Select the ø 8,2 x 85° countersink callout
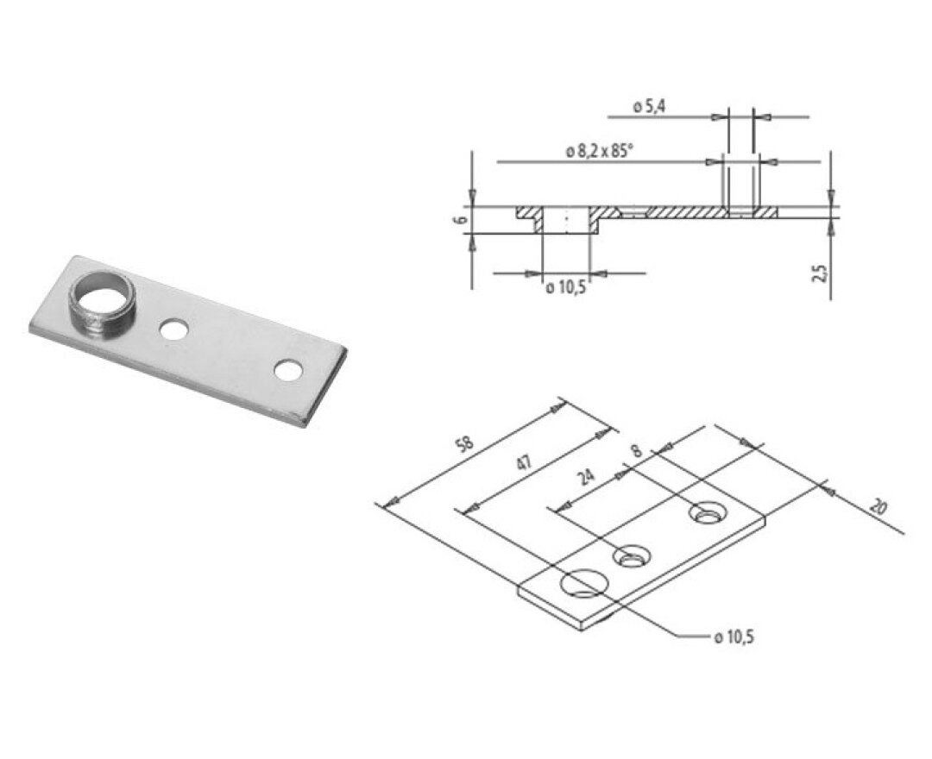pos(599,152)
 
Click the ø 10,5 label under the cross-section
pos(566,288)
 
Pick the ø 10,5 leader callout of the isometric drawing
pos(734,638)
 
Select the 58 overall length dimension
pos(467,444)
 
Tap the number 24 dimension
pos(587,477)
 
